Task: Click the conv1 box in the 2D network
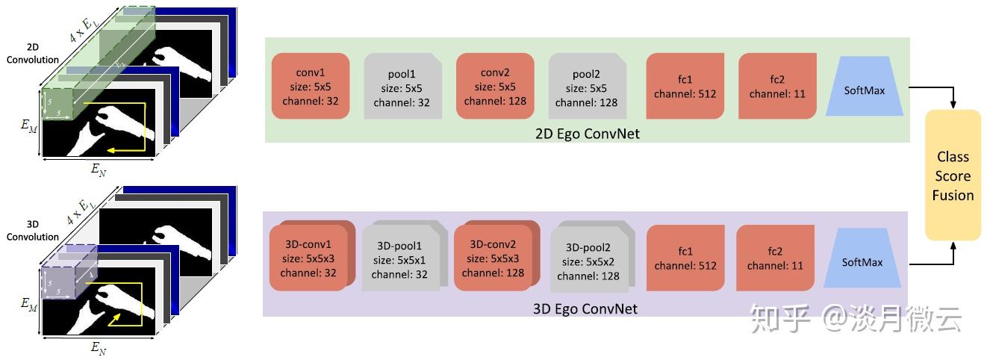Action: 311,87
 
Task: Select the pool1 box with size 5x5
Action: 402,87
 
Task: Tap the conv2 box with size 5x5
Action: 495,87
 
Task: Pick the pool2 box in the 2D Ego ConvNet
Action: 588,87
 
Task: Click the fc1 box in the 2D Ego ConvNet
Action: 685,87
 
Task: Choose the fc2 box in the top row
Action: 777,87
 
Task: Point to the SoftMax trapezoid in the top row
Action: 864,87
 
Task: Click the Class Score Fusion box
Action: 953,176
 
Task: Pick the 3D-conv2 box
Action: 496,256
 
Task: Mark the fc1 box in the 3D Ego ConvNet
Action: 685,258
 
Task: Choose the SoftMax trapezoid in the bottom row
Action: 862,258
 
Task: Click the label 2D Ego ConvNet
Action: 588,134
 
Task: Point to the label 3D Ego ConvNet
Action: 585,309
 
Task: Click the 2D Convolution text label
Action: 33,53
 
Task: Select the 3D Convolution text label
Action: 33,231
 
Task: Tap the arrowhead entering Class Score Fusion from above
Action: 953,105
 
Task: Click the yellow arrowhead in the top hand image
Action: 111,151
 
